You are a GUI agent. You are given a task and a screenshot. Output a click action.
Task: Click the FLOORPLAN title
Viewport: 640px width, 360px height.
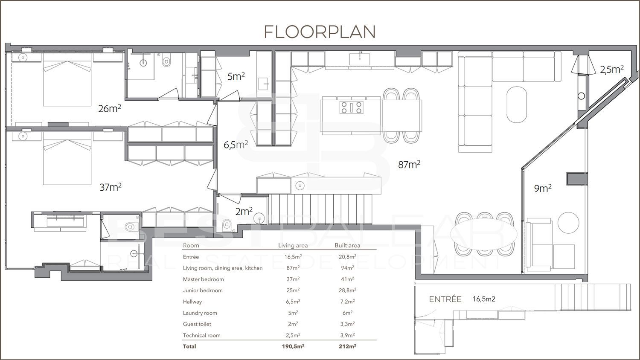[x=320, y=32]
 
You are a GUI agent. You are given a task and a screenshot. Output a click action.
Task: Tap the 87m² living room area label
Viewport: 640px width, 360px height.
[x=409, y=164]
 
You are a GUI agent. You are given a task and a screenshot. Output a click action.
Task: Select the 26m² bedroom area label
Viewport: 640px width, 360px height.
[x=109, y=108]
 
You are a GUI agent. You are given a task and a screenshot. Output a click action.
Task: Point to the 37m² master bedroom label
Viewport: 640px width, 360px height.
[x=110, y=187]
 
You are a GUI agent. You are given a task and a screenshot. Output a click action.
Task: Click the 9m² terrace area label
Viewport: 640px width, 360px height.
[x=543, y=188]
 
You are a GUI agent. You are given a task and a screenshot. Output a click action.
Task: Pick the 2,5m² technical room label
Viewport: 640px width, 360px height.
[x=612, y=70]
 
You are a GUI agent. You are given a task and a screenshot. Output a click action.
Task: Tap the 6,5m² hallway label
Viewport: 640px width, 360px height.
[x=236, y=145]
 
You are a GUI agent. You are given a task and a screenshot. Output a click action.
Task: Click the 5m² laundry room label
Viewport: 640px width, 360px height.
[x=236, y=76]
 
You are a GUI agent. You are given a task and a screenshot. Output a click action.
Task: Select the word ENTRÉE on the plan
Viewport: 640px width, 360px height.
[x=445, y=299]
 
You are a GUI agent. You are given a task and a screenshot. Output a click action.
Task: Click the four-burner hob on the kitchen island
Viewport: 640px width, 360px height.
[x=352, y=107]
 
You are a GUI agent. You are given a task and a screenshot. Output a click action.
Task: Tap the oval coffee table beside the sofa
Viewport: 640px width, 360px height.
[x=517, y=105]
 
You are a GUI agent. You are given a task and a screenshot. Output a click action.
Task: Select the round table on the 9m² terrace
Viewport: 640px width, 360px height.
[x=568, y=223]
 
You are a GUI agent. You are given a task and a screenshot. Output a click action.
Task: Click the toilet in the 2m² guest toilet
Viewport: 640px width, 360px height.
[x=227, y=224]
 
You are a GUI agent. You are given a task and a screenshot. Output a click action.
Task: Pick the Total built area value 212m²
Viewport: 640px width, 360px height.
[x=347, y=346]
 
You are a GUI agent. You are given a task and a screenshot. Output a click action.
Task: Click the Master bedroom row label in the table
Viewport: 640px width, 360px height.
[x=203, y=279]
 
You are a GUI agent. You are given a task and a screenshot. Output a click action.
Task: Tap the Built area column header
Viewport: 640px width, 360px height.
[x=347, y=245]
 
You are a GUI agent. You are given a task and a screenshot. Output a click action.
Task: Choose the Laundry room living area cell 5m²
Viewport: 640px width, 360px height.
[x=293, y=313]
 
